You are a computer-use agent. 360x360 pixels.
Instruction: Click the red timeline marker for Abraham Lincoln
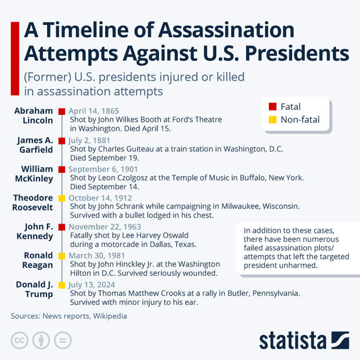(x=62, y=111)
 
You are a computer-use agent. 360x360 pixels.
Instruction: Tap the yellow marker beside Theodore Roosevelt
(x=62, y=198)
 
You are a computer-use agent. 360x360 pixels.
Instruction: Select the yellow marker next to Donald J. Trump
(x=62, y=285)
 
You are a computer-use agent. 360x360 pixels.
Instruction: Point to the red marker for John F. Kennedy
(x=62, y=226)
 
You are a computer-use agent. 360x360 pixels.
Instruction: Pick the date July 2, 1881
(x=90, y=140)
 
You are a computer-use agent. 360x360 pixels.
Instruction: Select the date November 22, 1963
(x=105, y=226)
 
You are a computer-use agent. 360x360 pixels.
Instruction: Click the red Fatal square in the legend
(x=272, y=107)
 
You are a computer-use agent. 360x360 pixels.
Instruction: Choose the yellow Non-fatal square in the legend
(x=272, y=120)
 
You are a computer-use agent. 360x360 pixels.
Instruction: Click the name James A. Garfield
(x=36, y=145)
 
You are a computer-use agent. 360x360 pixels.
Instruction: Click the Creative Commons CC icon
(x=20, y=340)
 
